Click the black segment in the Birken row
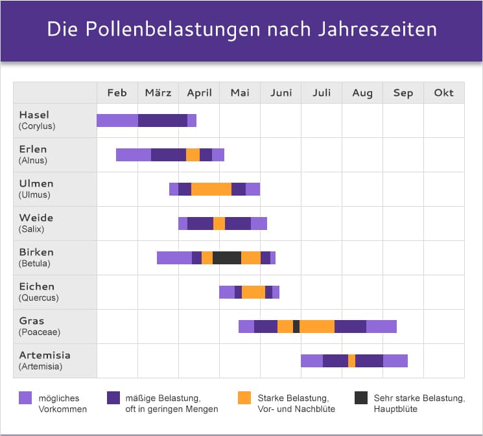coord(227,258)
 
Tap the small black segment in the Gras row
coord(296,327)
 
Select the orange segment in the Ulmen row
coord(211,189)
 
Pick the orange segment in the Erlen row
coord(193,155)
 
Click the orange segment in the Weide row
coord(219,224)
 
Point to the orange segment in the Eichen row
coord(253,292)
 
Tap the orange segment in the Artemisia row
coord(351,361)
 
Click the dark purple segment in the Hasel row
coord(163,120)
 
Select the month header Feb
coord(117,93)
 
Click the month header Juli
coord(322,93)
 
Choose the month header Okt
coord(444,93)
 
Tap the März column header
coord(158,93)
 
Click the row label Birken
coord(36,252)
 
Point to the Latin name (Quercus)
coord(38,298)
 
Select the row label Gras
coord(32,321)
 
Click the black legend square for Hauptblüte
coord(361,398)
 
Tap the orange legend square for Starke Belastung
coord(244,398)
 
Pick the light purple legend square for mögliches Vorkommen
coord(25,398)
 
